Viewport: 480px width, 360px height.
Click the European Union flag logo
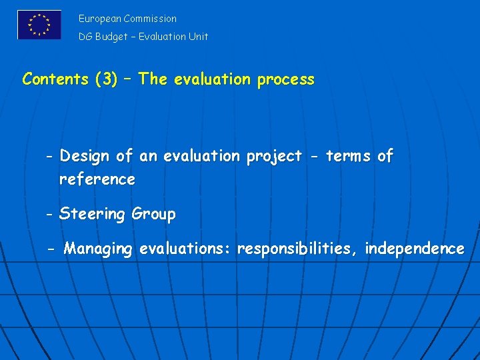pos(39,25)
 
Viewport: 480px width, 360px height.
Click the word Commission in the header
pos(150,19)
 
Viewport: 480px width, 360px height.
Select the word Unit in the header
pos(198,37)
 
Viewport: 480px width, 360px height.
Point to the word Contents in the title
pos(55,79)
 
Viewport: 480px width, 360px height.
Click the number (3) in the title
pos(106,79)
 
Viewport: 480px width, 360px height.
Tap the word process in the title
pos(285,79)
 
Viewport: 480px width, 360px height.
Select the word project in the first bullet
pos(274,157)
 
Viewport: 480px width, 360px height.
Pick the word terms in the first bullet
pos(348,157)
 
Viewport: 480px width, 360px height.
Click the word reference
pos(97,179)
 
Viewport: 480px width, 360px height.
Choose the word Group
pos(154,215)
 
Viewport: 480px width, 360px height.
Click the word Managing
pos(98,249)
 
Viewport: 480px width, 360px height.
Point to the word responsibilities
pos(297,249)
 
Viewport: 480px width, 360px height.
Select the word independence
pos(415,249)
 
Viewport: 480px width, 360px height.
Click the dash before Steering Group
pos(50,215)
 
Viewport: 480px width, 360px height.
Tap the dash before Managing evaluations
pos(52,249)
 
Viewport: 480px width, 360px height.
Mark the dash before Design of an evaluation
pos(50,157)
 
